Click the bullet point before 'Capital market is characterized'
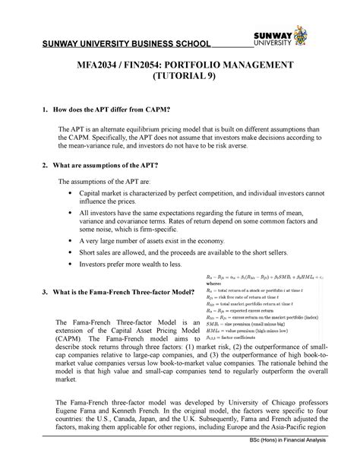[71, 195]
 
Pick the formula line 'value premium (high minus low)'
[254, 330]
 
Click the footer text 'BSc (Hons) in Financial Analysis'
[302, 459]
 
